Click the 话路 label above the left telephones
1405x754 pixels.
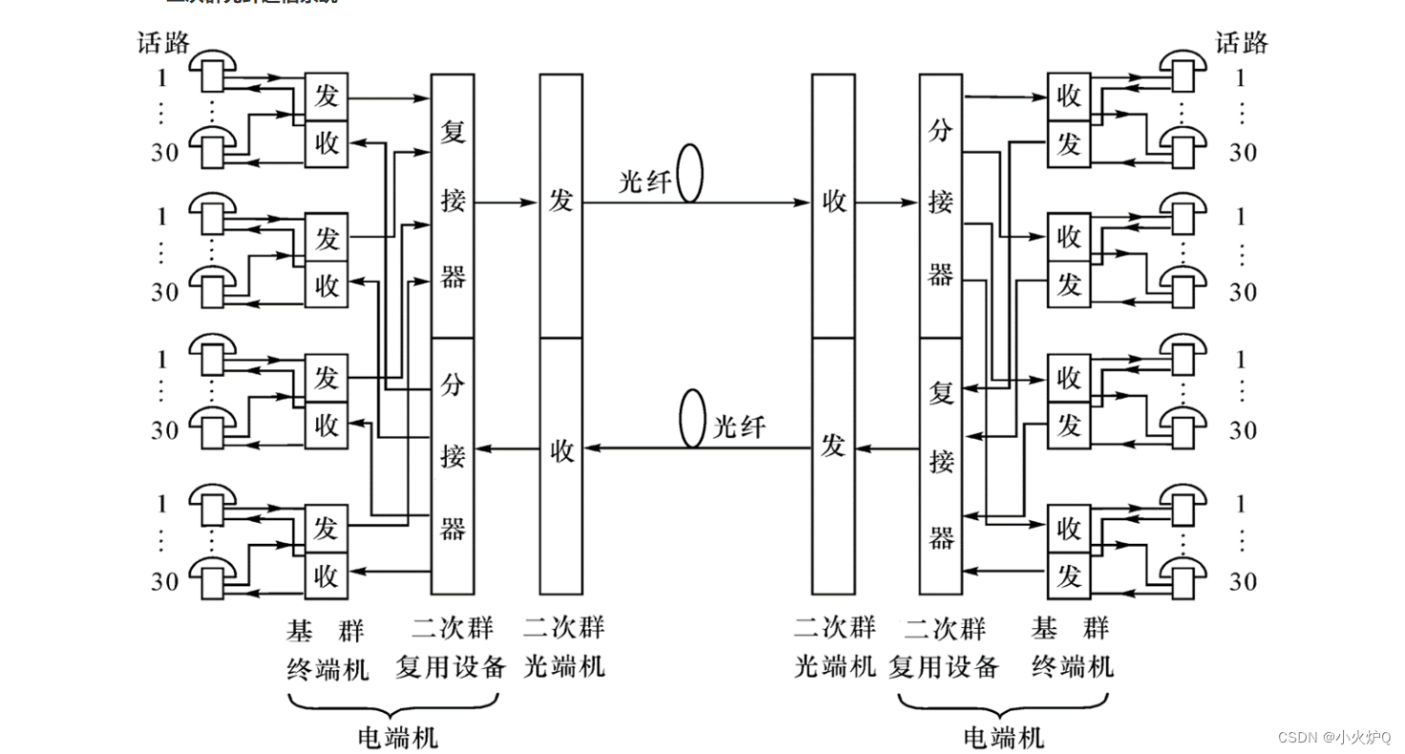click(x=165, y=43)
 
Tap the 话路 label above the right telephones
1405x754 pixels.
click(x=1241, y=43)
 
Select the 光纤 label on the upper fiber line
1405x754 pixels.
click(x=645, y=181)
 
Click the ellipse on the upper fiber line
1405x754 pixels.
click(x=690, y=174)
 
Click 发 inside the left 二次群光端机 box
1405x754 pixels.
click(x=560, y=201)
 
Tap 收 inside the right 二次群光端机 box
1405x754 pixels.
click(x=833, y=201)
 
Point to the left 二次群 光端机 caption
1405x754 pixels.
click(x=564, y=646)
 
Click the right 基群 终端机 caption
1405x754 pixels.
click(x=1071, y=646)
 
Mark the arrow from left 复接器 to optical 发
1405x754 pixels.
click(x=507, y=202)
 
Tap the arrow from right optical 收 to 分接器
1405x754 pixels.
click(x=887, y=202)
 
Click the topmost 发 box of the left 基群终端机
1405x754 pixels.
click(x=326, y=95)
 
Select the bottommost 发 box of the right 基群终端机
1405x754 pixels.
click(x=1068, y=576)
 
